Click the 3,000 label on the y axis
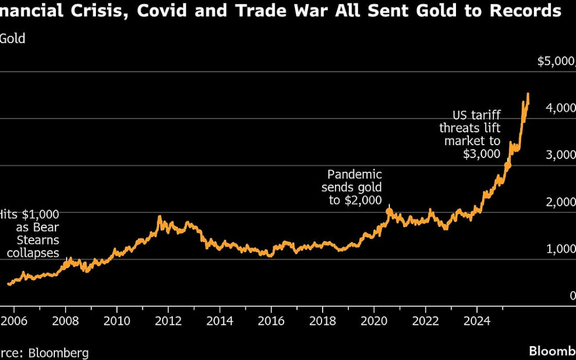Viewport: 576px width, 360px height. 559,155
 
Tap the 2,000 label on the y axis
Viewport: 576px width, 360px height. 559,202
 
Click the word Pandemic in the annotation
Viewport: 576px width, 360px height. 355,174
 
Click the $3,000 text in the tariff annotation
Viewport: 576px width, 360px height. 482,154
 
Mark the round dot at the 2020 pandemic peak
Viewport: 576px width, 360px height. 389,211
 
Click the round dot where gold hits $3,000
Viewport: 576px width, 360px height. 508,166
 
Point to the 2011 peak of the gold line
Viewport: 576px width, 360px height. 159,217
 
